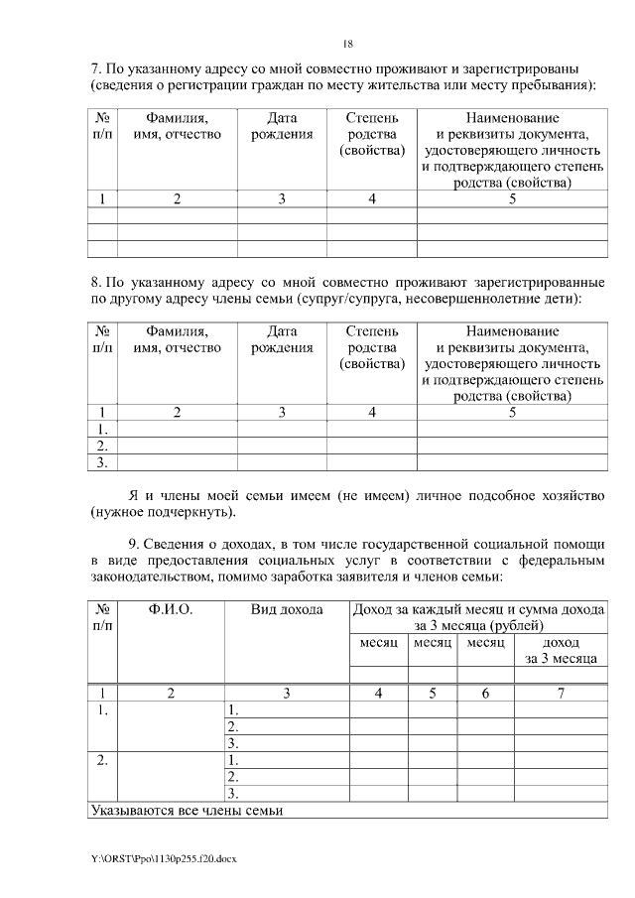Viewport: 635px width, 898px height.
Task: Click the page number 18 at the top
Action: pos(347,44)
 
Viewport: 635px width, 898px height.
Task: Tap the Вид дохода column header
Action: pos(287,609)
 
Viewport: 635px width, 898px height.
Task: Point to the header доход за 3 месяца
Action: pos(561,650)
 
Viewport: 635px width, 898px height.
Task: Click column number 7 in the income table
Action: pos(561,694)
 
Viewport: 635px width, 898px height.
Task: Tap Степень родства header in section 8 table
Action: pos(371,347)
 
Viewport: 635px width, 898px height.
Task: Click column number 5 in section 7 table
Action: pos(512,198)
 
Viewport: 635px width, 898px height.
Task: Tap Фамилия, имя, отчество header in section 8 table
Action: pos(177,339)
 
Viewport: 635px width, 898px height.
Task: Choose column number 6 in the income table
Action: pos(485,694)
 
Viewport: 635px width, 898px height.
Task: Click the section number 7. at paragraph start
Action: pos(96,68)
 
